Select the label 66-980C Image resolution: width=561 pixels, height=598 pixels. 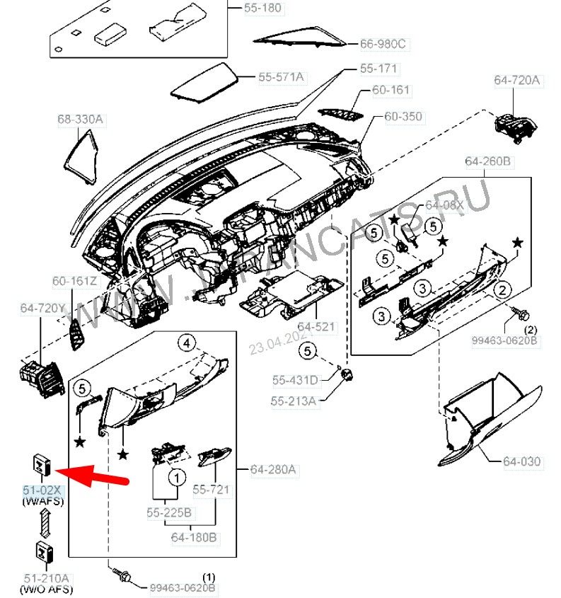coord(383,44)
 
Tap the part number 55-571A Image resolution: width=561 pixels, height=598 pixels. coord(281,76)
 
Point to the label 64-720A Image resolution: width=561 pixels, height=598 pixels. coord(516,81)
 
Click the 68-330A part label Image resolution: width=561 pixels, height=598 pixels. coord(80,120)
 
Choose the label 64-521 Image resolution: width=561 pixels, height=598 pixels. coord(316,327)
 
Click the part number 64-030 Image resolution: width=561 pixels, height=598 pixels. coord(521,461)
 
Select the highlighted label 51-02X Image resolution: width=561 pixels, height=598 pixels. coord(42,490)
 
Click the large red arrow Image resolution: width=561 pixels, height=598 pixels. coord(92,475)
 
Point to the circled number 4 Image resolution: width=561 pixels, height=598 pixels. coord(185,344)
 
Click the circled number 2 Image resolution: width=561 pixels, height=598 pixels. coord(502,289)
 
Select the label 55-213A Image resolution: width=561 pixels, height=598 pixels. coord(293,401)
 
